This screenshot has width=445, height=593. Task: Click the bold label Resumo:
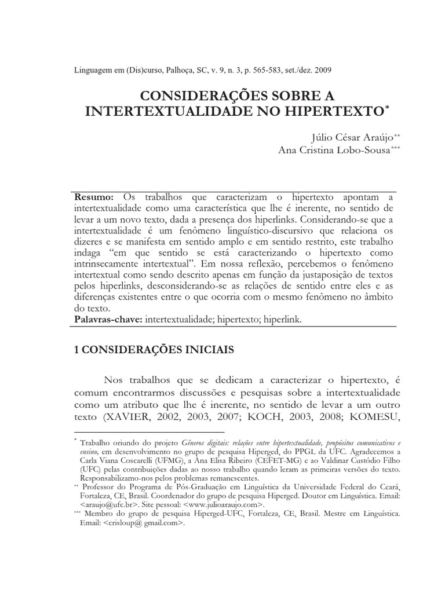point(96,197)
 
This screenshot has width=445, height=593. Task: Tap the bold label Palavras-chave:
point(109,319)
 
